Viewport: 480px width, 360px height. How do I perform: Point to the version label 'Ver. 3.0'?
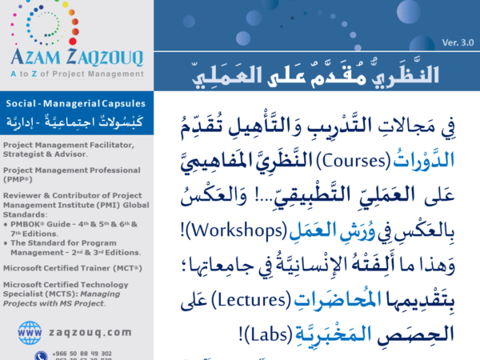click(457, 42)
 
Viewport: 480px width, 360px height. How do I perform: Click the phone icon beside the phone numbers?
click(40, 354)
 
